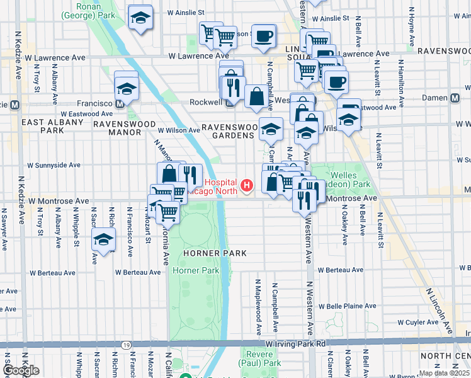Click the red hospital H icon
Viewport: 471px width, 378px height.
(x=247, y=185)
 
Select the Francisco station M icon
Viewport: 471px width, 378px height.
(x=120, y=103)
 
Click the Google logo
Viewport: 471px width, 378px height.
(x=21, y=370)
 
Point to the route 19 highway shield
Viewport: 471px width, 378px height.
(x=127, y=345)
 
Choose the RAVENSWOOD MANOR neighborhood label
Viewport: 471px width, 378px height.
(x=117, y=128)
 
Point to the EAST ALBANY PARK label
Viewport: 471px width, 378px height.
(x=43, y=125)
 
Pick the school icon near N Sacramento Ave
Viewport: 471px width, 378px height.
(x=104, y=240)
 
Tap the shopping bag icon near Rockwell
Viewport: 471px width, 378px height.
(x=256, y=97)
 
